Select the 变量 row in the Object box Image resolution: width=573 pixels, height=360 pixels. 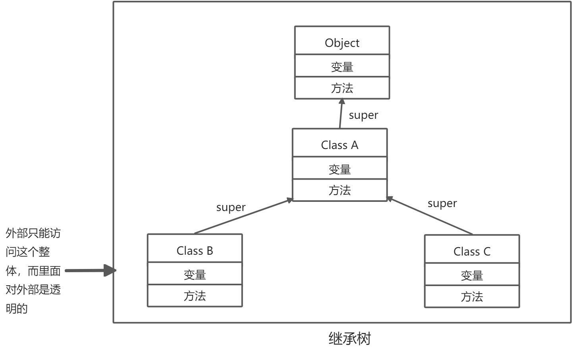click(342, 66)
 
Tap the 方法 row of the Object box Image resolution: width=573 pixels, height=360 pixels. click(342, 88)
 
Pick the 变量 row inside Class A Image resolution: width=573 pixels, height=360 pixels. click(340, 168)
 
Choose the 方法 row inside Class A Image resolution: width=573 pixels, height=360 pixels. click(340, 190)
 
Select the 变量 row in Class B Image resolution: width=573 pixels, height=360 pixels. click(195, 274)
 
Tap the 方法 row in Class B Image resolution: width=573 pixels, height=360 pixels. click(195, 296)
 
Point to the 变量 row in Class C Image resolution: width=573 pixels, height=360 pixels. click(472, 275)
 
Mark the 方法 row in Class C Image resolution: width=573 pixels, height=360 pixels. click(472, 296)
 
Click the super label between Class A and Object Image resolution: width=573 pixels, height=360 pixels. click(363, 115)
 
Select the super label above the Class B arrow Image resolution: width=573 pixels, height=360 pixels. click(231, 207)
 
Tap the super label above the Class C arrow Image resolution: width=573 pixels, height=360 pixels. click(442, 203)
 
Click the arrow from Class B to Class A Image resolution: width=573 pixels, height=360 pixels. click(243, 216)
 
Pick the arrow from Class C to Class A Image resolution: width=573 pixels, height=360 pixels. click(430, 216)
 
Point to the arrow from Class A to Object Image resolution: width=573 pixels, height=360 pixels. click(341, 114)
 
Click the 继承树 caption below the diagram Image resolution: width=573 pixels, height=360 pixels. click(349, 339)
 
